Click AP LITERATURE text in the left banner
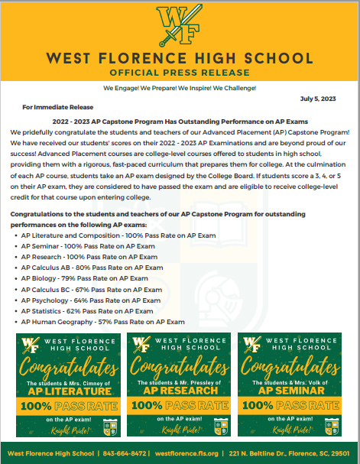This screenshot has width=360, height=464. tap(68, 390)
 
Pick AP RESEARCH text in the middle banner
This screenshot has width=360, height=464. tap(180, 390)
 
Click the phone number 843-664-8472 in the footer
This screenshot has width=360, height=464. tap(126, 453)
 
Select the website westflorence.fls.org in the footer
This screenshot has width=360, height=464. tap(186, 453)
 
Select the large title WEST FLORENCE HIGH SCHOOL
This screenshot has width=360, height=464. tap(180, 58)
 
